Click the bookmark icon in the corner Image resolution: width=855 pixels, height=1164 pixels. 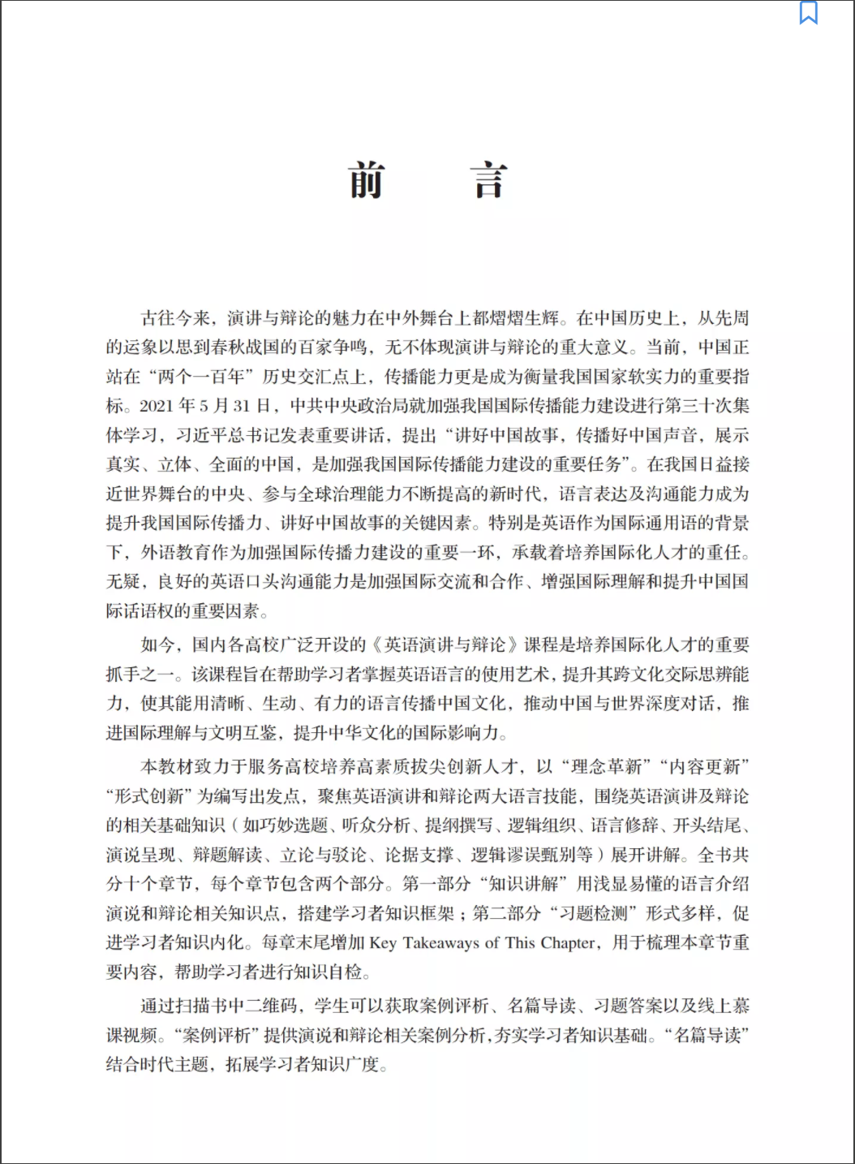pos(808,13)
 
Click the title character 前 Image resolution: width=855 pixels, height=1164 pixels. pos(367,180)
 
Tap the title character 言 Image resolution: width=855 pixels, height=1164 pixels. pos(489,180)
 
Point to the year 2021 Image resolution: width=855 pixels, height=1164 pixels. pos(157,406)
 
